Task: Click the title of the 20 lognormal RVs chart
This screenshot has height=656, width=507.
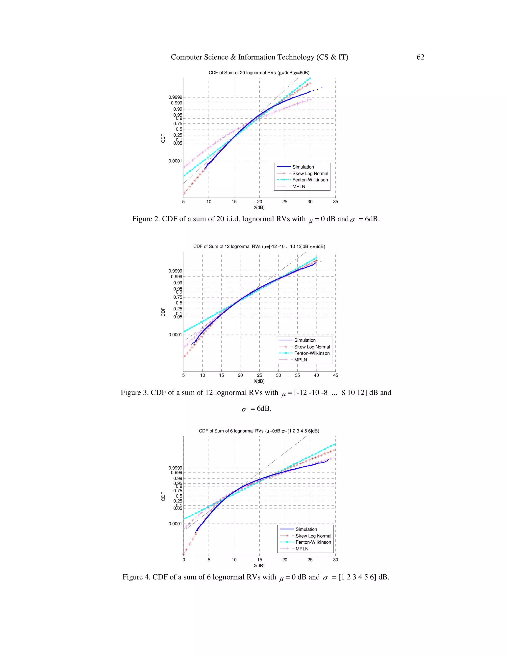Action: [259, 73]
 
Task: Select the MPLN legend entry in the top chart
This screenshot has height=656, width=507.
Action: [299, 187]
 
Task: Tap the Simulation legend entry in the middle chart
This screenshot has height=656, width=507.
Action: [304, 340]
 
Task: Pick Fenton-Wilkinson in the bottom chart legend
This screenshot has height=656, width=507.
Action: [313, 542]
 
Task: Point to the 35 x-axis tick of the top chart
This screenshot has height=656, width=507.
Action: [335, 202]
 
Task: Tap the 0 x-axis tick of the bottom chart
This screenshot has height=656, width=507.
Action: [184, 560]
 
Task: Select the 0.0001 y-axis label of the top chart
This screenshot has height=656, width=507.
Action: [175, 161]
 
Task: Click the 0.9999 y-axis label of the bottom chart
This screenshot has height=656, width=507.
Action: [175, 468]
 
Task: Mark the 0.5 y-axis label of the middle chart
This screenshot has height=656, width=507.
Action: [179, 303]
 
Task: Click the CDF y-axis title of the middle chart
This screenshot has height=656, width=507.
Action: [163, 312]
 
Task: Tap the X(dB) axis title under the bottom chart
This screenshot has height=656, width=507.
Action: [259, 566]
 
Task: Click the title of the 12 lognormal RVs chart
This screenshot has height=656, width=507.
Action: [259, 247]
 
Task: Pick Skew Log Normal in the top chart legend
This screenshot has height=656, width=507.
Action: [310, 174]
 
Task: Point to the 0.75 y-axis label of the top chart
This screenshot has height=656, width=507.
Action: [177, 124]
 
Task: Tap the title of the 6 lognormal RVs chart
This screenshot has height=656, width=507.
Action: [259, 431]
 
